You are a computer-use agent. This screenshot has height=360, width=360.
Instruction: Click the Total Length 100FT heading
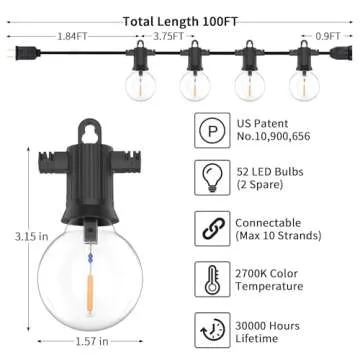point(179,20)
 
